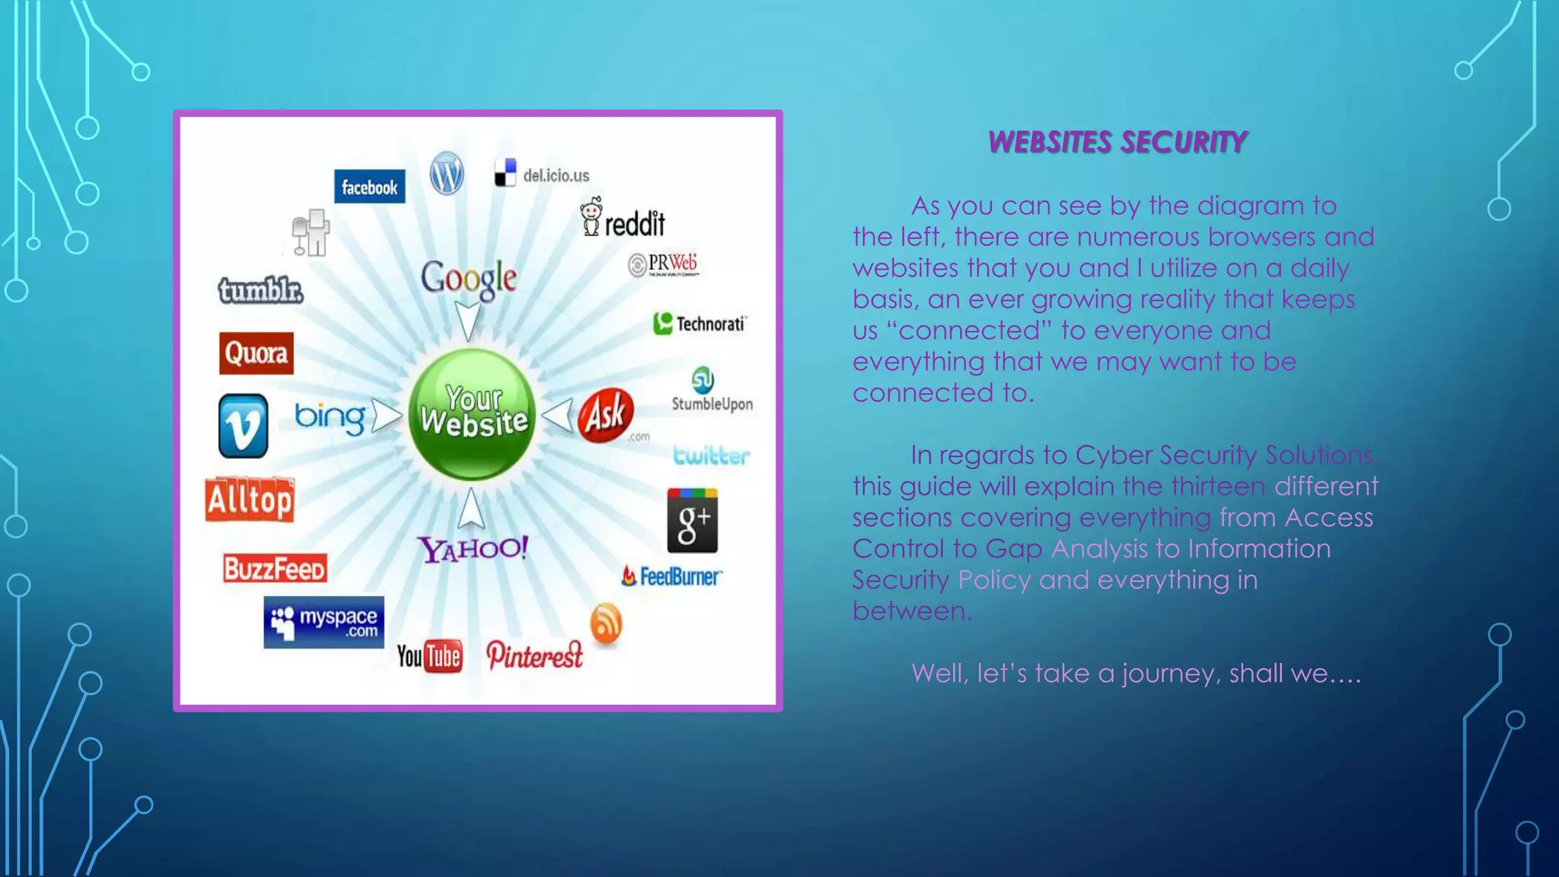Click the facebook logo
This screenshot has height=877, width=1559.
[x=369, y=187]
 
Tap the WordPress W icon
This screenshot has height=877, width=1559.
[x=447, y=174]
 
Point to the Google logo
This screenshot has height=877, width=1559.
[x=468, y=278]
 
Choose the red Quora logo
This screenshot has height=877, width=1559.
[x=256, y=353]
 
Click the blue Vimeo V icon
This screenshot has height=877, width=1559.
[x=243, y=426]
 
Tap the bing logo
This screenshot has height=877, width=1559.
[x=330, y=417]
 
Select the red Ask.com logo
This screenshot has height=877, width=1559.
[x=606, y=415]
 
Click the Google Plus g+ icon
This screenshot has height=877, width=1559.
[x=692, y=521]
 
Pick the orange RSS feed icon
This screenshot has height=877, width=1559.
[x=606, y=623]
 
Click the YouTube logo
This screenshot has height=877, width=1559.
[x=429, y=656]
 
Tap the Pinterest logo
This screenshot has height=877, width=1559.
[x=534, y=655]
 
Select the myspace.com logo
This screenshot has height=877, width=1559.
[x=324, y=622]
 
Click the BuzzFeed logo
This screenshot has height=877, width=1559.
[x=275, y=569]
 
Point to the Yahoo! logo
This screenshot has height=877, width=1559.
[x=472, y=548]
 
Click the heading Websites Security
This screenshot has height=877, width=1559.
[x=1116, y=142]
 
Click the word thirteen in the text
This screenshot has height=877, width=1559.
[x=1218, y=486]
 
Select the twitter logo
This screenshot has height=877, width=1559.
[x=711, y=455]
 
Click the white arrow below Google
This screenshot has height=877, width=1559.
[x=467, y=320]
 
